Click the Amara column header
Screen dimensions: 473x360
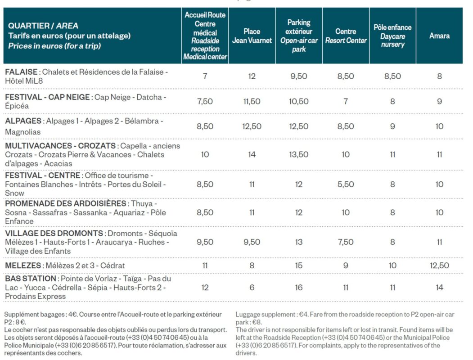tap(439, 36)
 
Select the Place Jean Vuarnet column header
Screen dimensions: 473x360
tap(252, 36)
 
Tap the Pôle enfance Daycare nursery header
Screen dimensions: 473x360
tap(392, 36)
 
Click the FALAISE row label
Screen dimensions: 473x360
tap(21, 72)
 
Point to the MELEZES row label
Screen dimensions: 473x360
tap(23, 265)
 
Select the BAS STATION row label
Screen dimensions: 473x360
tap(31, 279)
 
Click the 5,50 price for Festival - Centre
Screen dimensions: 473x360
tap(345, 184)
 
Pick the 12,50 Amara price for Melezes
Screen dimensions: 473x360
tap(439, 265)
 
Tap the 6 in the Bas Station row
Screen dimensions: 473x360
tap(252, 288)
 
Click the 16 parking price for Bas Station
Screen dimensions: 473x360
tap(299, 288)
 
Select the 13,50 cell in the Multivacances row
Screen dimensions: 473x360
tap(299, 155)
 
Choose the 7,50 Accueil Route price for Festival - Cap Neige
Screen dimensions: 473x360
tap(205, 102)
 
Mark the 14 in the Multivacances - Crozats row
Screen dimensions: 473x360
tap(252, 155)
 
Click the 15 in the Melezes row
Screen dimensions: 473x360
tap(299, 265)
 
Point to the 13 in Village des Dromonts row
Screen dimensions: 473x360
tap(299, 242)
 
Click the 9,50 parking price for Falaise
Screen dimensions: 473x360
tap(299, 76)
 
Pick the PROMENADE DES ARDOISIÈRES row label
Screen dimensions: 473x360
tap(65, 203)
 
